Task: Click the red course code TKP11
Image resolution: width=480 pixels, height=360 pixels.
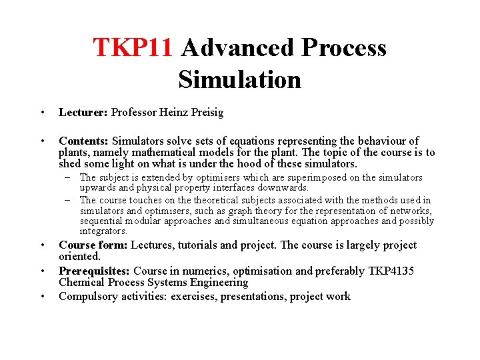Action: coord(133,48)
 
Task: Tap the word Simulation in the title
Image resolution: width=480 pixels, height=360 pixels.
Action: coord(239,79)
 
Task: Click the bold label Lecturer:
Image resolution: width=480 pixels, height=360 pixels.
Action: coord(83,112)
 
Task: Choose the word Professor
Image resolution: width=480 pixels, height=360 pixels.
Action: coord(135,112)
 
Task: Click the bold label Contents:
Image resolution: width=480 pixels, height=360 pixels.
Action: coord(84,141)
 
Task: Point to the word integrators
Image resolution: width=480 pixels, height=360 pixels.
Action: coord(103,231)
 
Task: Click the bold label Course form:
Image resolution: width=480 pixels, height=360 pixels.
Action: coord(93,245)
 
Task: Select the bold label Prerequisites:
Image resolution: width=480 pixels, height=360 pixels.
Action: coord(95,271)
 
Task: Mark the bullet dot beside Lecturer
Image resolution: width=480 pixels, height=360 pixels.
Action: coord(42,112)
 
